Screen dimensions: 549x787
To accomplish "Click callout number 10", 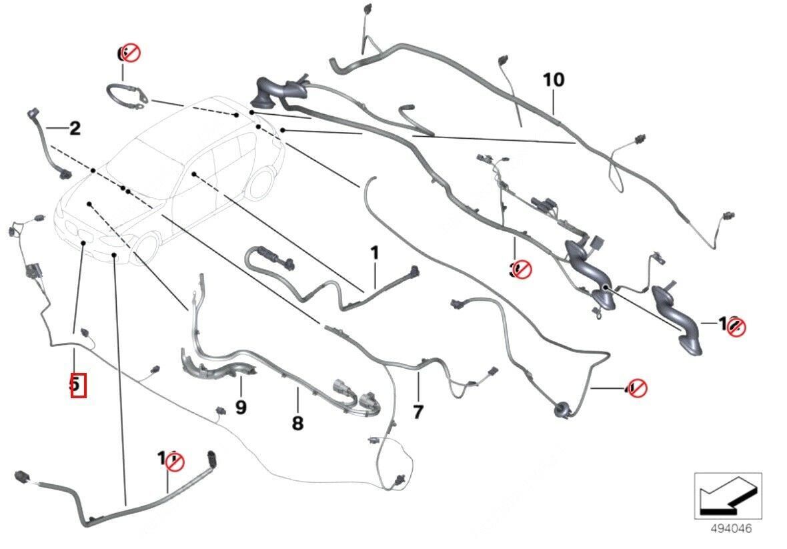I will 553,80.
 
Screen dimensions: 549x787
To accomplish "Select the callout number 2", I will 74,128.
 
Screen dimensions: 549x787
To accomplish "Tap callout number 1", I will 374,253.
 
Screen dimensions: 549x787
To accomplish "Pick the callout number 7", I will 418,412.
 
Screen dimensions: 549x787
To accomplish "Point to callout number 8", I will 297,422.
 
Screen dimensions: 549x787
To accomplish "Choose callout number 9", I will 240,406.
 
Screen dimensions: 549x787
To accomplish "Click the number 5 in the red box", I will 78,385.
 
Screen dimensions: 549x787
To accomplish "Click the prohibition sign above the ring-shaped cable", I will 131,53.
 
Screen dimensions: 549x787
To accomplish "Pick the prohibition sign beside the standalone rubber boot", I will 736,326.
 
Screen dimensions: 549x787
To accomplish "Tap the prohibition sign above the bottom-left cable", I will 174,460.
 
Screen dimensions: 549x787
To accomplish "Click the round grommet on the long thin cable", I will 558,407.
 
